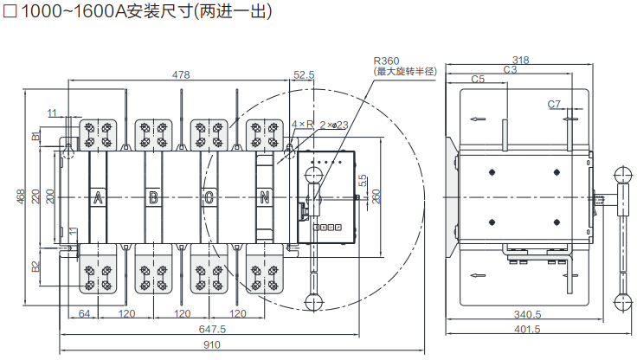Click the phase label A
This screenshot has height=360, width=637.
tap(99, 197)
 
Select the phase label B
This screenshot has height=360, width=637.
tap(154, 197)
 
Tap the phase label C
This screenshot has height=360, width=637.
tap(209, 197)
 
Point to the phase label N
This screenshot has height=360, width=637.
tap(265, 197)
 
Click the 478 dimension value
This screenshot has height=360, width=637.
tap(181, 75)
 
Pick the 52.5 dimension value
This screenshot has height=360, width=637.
tap(304, 75)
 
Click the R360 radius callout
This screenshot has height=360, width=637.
tap(386, 61)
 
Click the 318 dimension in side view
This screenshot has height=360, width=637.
tap(520, 60)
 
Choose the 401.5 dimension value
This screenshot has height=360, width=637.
tap(526, 329)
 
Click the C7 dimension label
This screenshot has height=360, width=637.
tap(555, 104)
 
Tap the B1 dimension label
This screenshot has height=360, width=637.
tap(36, 135)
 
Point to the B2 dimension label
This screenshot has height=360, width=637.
tap(36, 266)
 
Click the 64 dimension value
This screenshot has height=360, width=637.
tap(85, 313)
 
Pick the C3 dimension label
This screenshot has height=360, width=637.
tap(510, 69)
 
